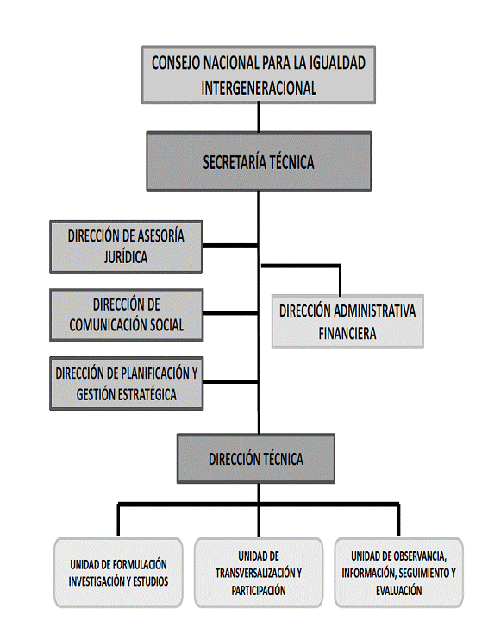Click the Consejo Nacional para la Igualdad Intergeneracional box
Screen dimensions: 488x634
click(x=259, y=75)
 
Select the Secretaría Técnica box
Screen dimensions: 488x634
click(x=259, y=161)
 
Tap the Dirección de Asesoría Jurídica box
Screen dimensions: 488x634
click(x=126, y=247)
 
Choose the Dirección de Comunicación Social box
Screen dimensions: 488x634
click(x=126, y=315)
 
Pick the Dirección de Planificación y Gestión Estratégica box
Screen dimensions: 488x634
click(x=126, y=383)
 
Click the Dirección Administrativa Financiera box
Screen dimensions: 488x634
click(x=347, y=322)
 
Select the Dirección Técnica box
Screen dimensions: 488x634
click(x=256, y=459)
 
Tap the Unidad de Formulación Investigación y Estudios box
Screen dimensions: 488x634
click(x=118, y=573)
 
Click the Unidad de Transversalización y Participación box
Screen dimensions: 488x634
click(x=259, y=573)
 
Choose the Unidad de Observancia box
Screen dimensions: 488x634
click(x=398, y=573)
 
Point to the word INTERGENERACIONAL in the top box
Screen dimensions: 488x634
click(x=259, y=88)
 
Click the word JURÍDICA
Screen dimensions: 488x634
click(x=126, y=257)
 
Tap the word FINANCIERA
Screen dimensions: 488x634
click(x=347, y=334)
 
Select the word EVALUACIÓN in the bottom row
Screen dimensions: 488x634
click(x=398, y=591)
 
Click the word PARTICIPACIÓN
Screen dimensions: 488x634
click(x=259, y=591)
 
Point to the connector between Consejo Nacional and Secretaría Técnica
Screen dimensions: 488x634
click(x=259, y=117)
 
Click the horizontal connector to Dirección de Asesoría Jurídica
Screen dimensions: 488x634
click(x=230, y=245)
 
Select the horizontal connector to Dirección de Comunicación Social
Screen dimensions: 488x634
click(x=230, y=313)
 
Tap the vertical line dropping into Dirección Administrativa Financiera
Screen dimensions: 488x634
click(x=340, y=280)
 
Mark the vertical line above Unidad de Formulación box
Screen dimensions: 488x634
click(x=118, y=520)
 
